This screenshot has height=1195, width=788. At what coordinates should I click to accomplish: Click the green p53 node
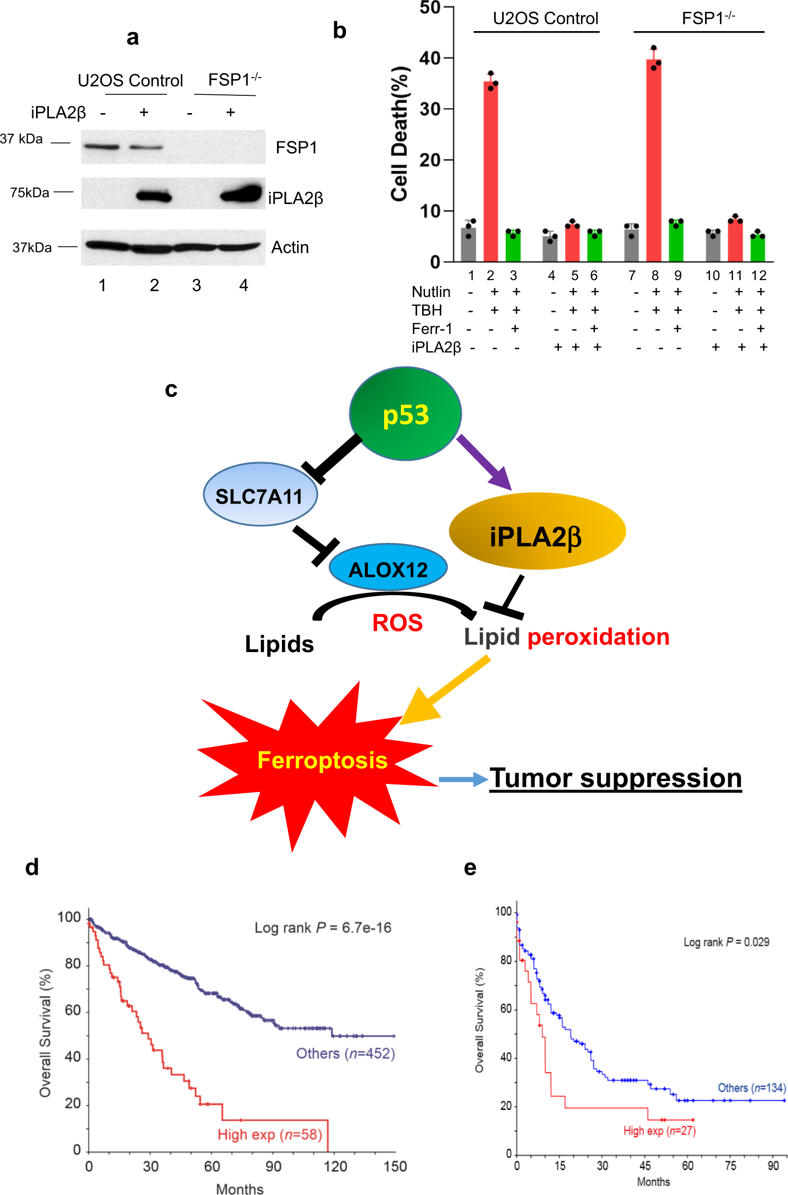tap(405, 414)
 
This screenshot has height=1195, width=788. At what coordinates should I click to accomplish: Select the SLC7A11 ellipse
tap(260, 494)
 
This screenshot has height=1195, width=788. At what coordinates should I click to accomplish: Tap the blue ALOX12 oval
tap(388, 568)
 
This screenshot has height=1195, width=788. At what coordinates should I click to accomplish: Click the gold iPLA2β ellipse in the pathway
tap(537, 532)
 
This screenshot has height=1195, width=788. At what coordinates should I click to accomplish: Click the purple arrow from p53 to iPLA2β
tap(483, 462)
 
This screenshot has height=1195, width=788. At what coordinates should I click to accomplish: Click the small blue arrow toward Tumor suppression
tap(463, 780)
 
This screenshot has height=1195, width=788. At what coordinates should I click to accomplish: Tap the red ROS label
tap(397, 623)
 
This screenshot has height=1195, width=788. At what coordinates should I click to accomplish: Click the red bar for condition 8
tap(653, 161)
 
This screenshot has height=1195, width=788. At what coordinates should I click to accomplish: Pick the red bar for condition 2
tap(490, 171)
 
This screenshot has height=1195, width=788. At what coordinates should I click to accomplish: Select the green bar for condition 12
tap(757, 248)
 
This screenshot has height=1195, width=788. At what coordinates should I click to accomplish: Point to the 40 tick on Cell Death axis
tap(430, 58)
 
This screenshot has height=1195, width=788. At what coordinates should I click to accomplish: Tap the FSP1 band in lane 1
tap(102, 147)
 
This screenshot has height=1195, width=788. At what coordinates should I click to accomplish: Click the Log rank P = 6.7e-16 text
tap(322, 928)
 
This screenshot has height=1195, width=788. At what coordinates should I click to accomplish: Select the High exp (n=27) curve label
tap(659, 1131)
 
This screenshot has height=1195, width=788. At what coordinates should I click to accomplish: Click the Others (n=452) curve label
tap(345, 1053)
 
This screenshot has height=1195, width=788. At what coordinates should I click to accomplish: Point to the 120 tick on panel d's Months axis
tap(335, 1166)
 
